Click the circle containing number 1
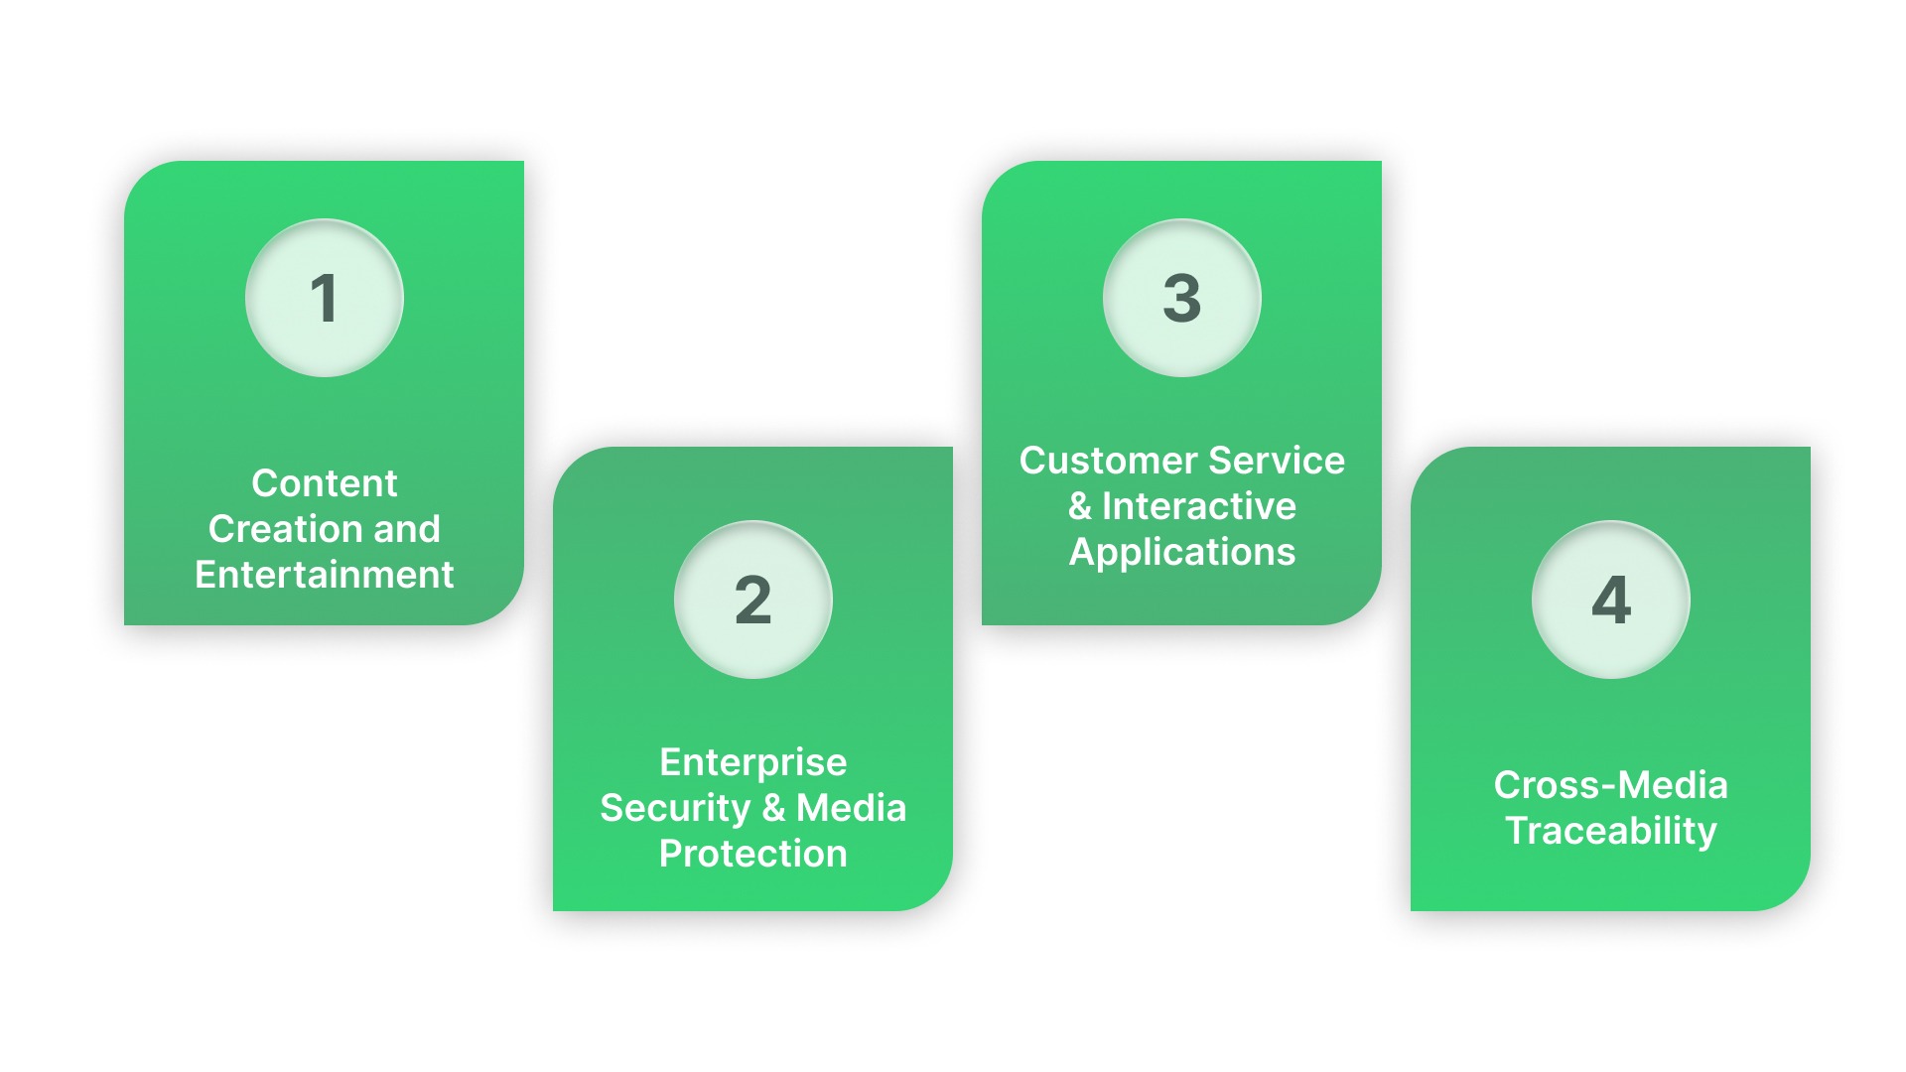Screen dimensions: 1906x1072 pos(325,298)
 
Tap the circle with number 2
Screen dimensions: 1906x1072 pos(753,600)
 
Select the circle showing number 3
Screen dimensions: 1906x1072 pos(1182,298)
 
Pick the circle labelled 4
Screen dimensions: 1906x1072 pos(1611,600)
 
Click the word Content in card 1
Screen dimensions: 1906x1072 pos(325,483)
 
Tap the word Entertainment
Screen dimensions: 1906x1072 pos(325,575)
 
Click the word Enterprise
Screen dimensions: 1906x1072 pos(753,762)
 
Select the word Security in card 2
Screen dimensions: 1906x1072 pos(675,808)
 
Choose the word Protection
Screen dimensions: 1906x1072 pos(753,854)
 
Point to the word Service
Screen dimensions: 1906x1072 pos(1277,461)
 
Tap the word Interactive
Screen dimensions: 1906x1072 pos(1199,506)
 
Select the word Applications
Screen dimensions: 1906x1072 pos(1182,552)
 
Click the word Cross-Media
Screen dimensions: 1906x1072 pos(1611,785)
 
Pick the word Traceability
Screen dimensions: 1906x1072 pos(1611,831)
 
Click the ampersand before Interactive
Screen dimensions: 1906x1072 pos(1080,506)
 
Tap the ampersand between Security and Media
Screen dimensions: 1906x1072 pos(773,808)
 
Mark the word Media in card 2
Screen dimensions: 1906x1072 pos(852,808)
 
